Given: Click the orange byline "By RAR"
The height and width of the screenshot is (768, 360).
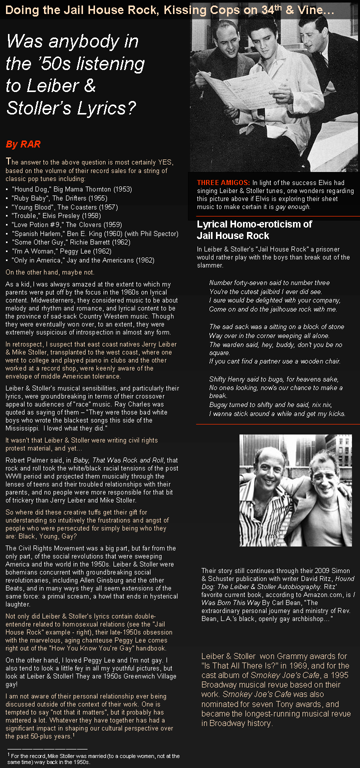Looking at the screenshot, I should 23,144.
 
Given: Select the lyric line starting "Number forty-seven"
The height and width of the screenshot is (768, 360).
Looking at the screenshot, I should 269,282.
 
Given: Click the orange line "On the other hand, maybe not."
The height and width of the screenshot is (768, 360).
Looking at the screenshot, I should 50,272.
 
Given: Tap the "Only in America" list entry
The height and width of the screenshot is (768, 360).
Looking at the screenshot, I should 82,260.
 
